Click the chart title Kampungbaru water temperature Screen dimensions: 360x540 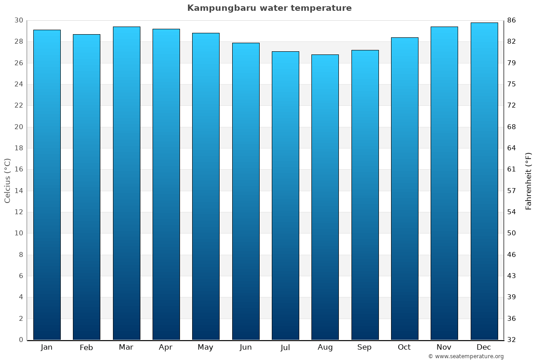click(269, 8)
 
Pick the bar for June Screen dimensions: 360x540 click(246, 191)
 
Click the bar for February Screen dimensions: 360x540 click(86, 187)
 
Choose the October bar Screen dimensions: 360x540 click(405, 189)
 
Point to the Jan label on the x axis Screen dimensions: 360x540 click(47, 347)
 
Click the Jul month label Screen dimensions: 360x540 click(285, 347)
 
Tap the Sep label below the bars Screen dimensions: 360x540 click(364, 347)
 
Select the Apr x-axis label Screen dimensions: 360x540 click(166, 347)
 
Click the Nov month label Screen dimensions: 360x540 click(444, 347)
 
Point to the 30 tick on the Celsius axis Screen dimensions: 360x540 click(18, 20)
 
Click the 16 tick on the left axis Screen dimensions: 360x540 click(18, 169)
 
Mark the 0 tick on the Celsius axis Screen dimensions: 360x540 click(21, 340)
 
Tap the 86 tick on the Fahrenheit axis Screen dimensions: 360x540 click(512, 20)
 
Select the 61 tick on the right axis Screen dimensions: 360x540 click(512, 169)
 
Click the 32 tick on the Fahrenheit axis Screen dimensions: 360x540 click(512, 340)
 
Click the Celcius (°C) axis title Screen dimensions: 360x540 click(7, 180)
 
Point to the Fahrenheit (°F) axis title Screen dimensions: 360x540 click(528, 180)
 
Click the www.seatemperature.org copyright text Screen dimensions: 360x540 click(466, 356)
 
